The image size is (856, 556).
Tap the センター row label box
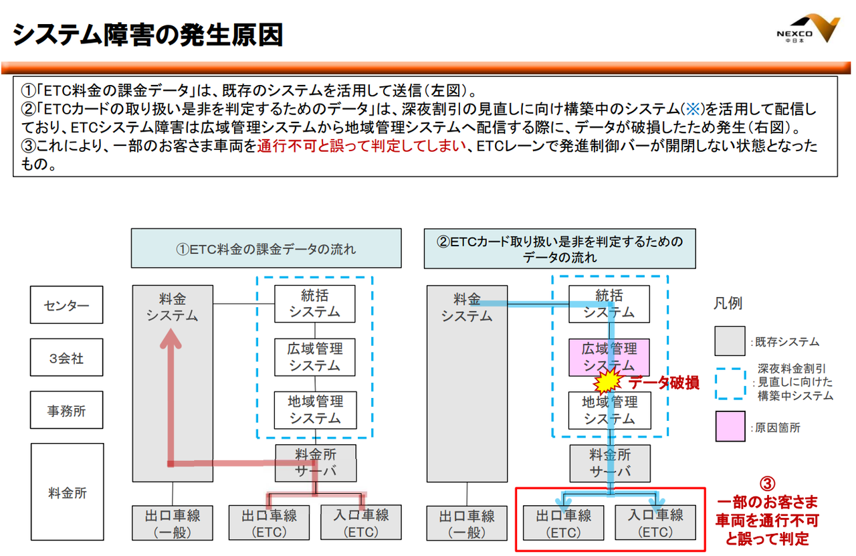point(66,305)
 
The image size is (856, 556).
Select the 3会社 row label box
point(66,357)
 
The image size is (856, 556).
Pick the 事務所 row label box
point(66,410)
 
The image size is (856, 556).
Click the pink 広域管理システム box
point(609,357)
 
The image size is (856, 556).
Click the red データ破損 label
point(664,383)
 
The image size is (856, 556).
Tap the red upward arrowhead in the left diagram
point(171,339)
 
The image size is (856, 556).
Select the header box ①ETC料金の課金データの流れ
point(266,248)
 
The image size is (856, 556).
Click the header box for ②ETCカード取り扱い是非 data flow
point(560,248)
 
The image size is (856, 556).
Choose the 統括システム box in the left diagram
point(314,304)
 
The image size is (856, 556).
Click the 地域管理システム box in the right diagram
point(609,410)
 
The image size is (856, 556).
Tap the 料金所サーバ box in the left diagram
point(316,463)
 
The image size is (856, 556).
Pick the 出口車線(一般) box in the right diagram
point(467,523)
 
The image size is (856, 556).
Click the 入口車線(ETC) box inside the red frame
point(655,523)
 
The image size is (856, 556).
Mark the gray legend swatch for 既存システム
point(730,341)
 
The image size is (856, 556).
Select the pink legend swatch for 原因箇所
point(730,426)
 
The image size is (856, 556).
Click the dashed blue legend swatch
point(730,383)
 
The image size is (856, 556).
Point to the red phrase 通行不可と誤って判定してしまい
point(362,146)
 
